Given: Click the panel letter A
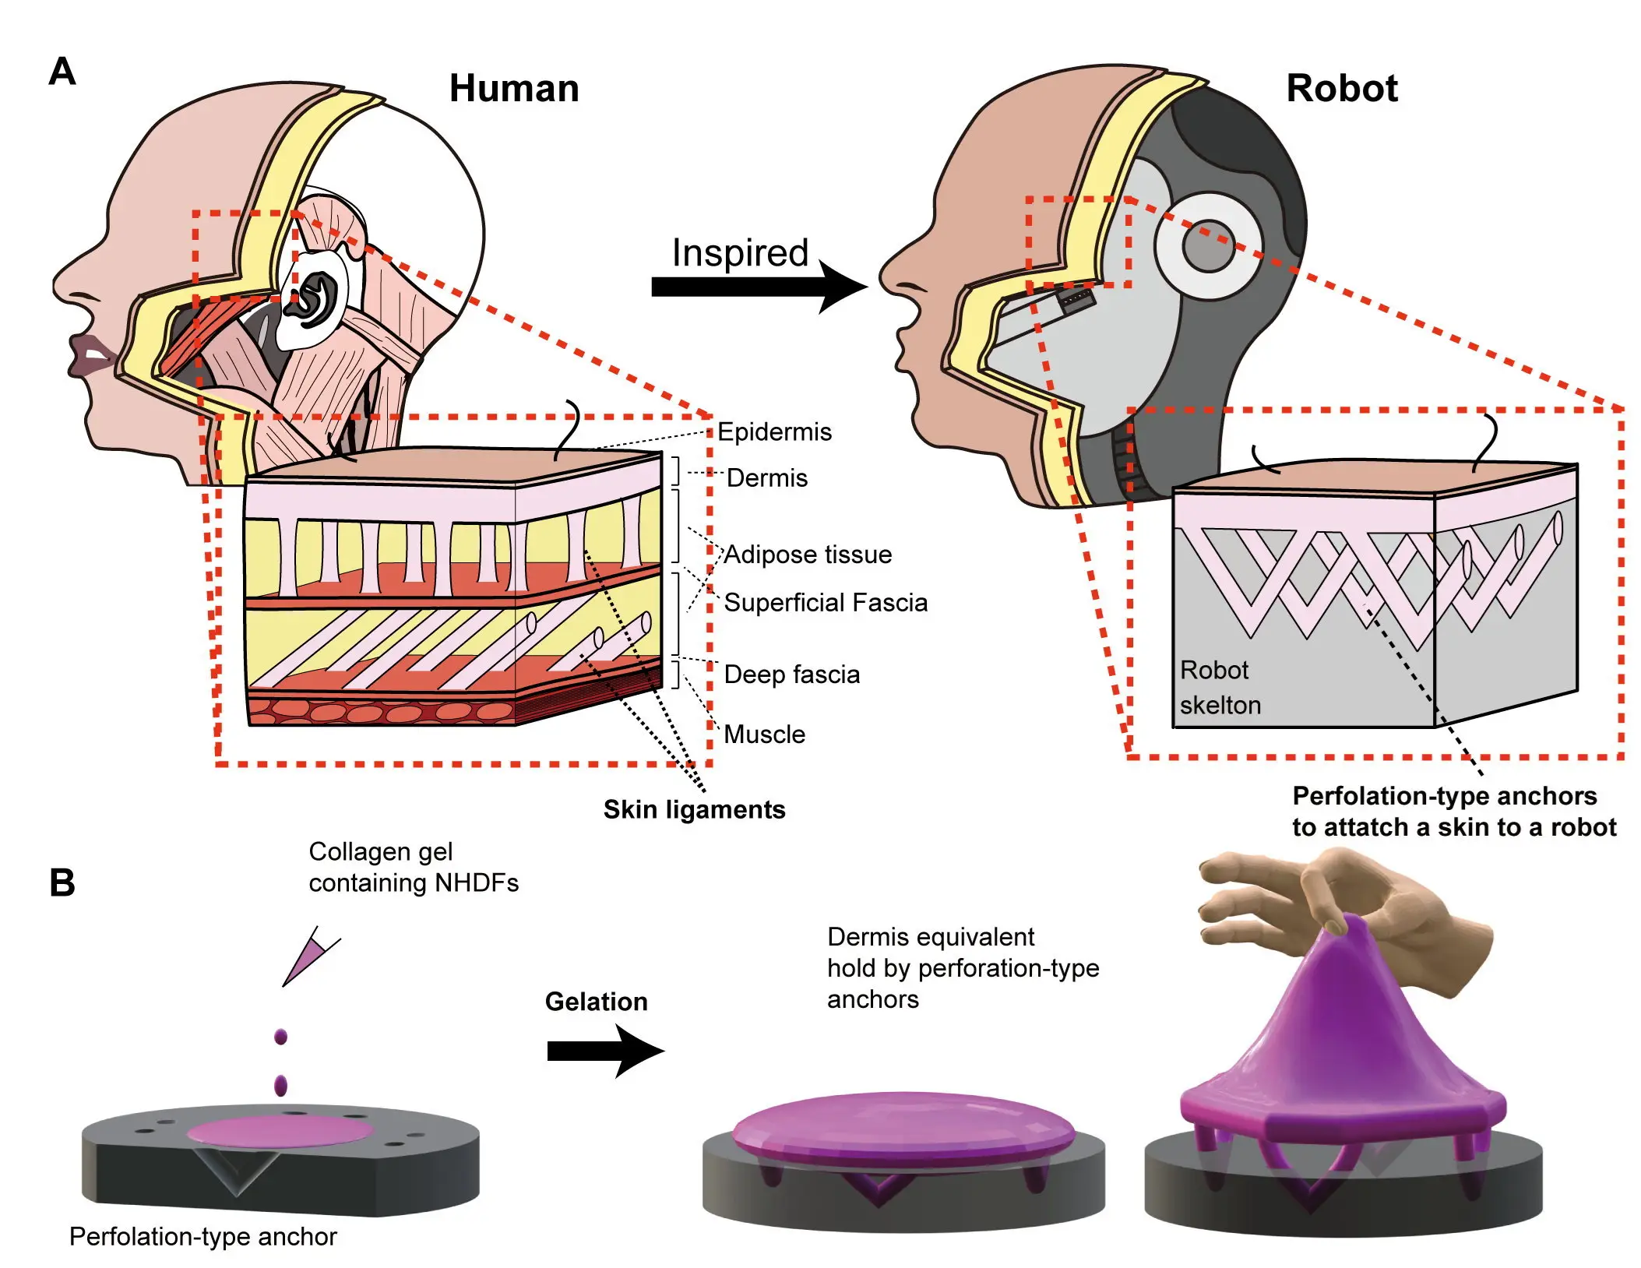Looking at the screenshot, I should (62, 72).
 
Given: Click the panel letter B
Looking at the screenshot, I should (62, 882).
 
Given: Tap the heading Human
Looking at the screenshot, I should (514, 88).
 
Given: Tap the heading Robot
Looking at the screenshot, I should (1341, 88).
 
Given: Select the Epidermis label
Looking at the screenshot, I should (773, 431).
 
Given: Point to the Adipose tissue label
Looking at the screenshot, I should (808, 554).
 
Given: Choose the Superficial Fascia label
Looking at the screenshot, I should (825, 602).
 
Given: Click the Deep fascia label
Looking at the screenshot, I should (791, 674).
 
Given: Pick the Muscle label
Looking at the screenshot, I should (764, 734).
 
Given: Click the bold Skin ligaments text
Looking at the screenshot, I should (694, 809).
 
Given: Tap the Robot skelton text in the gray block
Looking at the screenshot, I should (1219, 687).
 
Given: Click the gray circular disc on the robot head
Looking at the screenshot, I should (1207, 246).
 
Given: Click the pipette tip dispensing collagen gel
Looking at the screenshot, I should (308, 958).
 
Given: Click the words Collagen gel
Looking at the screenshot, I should (380, 851).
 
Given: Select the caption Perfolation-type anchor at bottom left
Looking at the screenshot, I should (202, 1236).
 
